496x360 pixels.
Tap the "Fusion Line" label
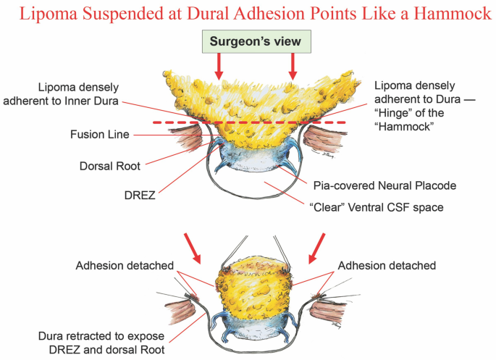[x=100, y=134]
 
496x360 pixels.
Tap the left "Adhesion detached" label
[x=125, y=266]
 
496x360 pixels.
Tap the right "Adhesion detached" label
[x=387, y=266]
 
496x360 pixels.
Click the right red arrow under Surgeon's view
[x=293, y=69]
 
